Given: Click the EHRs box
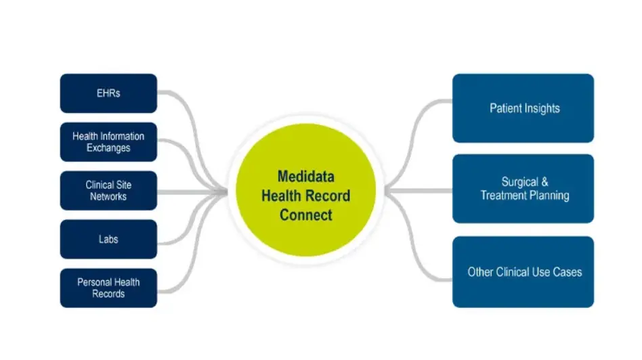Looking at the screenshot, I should coord(108,93).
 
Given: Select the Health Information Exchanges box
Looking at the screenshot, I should coord(108,142).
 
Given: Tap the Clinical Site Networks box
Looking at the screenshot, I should coord(108,191).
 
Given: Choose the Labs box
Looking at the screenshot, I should coord(108,240).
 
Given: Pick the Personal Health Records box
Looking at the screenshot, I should coord(108,288).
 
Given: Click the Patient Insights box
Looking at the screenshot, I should coord(523,108).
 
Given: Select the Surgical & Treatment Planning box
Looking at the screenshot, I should coord(523,189).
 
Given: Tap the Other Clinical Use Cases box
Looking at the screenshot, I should coord(523,272).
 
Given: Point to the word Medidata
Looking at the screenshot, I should coord(305,177).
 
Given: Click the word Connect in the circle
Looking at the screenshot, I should coord(305,215).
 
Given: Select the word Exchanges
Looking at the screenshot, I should coord(108,148).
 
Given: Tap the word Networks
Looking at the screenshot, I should coord(108,197).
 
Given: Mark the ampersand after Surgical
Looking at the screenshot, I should coord(544,182).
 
